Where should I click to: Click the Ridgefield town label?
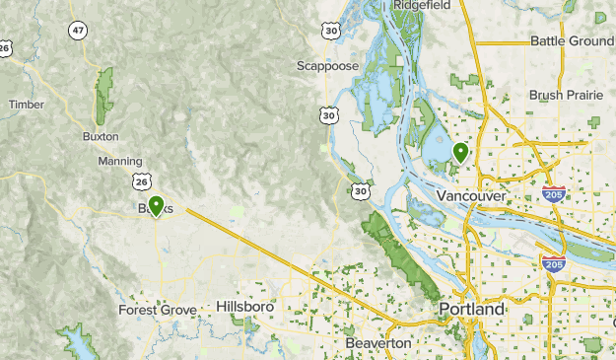point(422,5)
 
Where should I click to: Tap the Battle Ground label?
point(571,40)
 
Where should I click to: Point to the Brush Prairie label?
point(565,95)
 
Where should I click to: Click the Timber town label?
point(27,104)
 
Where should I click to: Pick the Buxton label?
point(101,136)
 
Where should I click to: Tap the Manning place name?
point(120,160)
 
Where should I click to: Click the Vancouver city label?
point(470,196)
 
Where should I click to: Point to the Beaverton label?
point(378,342)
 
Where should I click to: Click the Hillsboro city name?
point(244,307)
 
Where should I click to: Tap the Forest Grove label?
point(158,310)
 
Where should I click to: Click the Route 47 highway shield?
point(78,31)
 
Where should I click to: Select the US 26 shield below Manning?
point(145,181)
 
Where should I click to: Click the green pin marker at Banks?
point(155,206)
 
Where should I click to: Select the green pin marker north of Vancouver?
point(460,151)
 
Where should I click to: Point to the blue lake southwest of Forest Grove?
point(75,341)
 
